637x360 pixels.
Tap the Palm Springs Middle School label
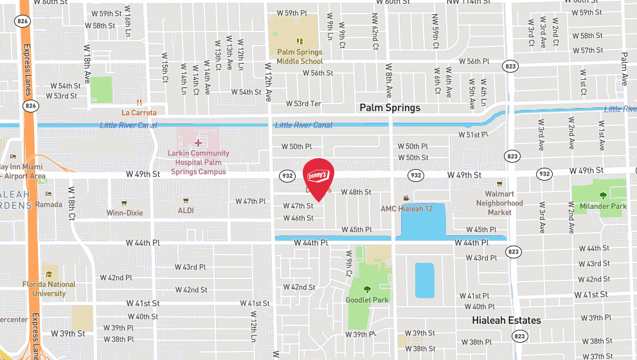pos(300,57)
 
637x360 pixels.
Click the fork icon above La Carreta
pos(139,102)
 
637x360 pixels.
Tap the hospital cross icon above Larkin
pos(198,143)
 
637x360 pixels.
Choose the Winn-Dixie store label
pos(125,213)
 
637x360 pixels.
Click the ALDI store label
pos(186,210)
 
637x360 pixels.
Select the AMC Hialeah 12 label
pos(406,208)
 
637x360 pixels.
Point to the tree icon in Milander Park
pos(603,195)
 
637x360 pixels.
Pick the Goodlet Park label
pos(367,300)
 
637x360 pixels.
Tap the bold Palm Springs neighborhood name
pos(390,107)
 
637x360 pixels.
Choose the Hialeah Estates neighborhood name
pos(506,320)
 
